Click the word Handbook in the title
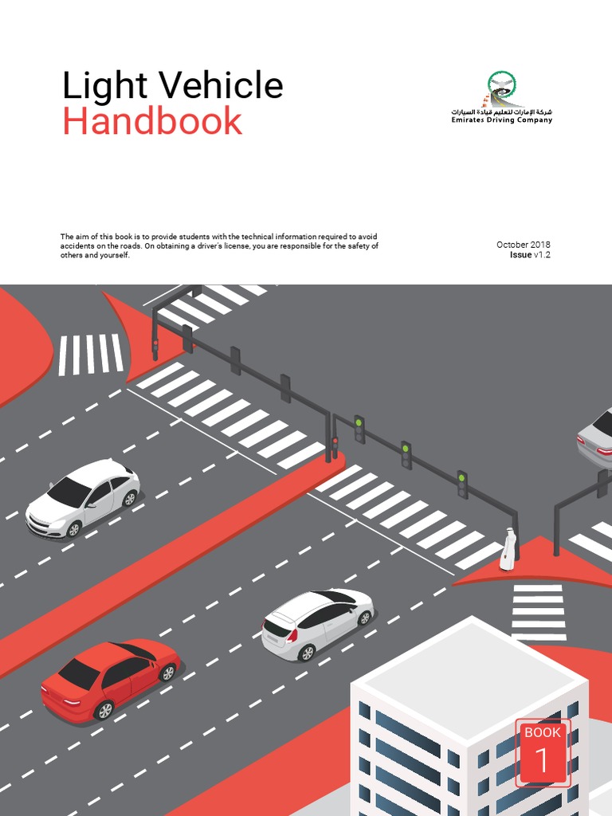(x=152, y=121)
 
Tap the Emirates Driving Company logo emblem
(x=502, y=89)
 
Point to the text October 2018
(x=523, y=245)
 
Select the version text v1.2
(x=542, y=255)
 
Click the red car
(x=110, y=677)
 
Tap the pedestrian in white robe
(x=508, y=550)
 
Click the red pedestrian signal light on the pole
(x=335, y=441)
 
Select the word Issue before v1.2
(x=520, y=255)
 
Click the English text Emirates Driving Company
(x=502, y=120)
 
